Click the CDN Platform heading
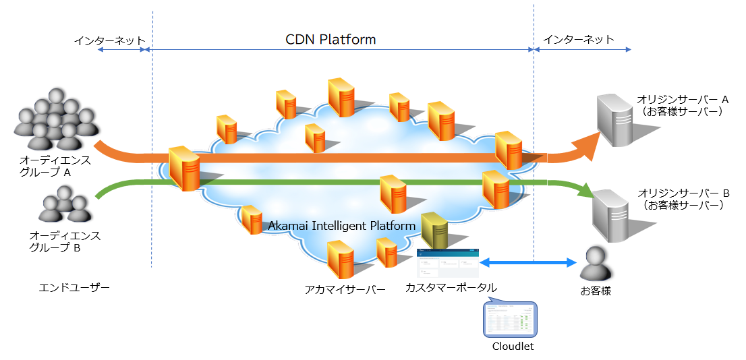click(x=331, y=40)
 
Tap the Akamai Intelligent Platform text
click(x=341, y=226)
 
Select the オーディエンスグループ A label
click(x=55, y=167)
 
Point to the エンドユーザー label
click(x=74, y=288)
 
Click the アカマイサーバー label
click(x=345, y=289)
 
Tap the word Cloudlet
click(x=513, y=347)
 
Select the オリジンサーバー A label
click(x=683, y=105)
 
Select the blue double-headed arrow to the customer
click(x=527, y=262)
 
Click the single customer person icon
click(x=596, y=264)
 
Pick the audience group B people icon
click(x=65, y=204)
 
